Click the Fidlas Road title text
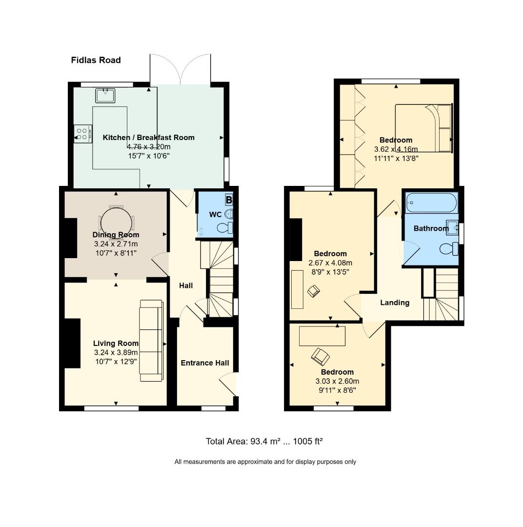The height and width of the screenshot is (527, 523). click(96, 60)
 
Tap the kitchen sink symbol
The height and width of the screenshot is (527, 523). click(105, 96)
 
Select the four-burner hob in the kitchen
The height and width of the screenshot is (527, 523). click(82, 134)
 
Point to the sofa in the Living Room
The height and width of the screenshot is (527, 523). click(152, 341)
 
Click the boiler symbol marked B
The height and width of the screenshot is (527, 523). click(229, 200)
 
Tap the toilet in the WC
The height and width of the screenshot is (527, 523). click(225, 227)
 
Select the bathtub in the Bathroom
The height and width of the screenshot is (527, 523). click(431, 203)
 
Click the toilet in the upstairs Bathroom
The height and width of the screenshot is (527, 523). click(449, 249)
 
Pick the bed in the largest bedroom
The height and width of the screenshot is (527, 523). click(423, 128)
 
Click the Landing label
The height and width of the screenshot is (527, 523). click(395, 303)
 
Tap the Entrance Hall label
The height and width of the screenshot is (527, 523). click(205, 363)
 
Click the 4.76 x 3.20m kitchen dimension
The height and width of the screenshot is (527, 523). click(149, 147)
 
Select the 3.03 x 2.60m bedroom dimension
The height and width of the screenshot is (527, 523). click(337, 381)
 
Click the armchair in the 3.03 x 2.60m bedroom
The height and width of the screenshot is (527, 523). click(321, 357)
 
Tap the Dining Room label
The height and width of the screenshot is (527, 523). click(116, 235)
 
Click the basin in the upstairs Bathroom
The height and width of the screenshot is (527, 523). click(452, 227)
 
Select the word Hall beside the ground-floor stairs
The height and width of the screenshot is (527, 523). click(186, 285)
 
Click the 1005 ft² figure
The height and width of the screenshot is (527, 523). click(307, 441)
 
